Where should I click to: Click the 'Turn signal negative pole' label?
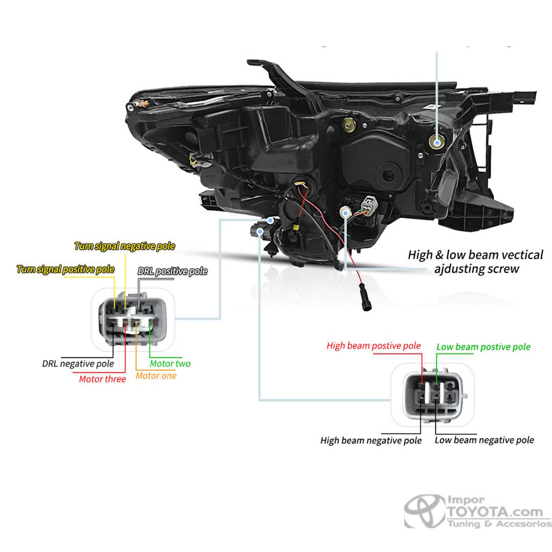point(125,246)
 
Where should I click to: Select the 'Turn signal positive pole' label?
point(65,269)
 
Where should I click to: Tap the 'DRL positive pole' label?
point(172,271)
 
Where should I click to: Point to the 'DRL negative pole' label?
point(78,364)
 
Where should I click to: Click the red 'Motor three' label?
point(102,379)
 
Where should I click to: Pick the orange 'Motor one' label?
point(156,376)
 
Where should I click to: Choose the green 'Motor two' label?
point(170,364)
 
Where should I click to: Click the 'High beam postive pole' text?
point(374,346)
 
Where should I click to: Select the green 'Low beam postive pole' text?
point(483,347)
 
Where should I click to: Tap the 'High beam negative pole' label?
point(371,440)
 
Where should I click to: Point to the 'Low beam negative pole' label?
point(484,440)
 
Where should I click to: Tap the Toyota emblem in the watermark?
point(424,511)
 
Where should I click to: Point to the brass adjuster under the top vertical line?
point(436,143)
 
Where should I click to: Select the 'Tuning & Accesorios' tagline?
point(499,524)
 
